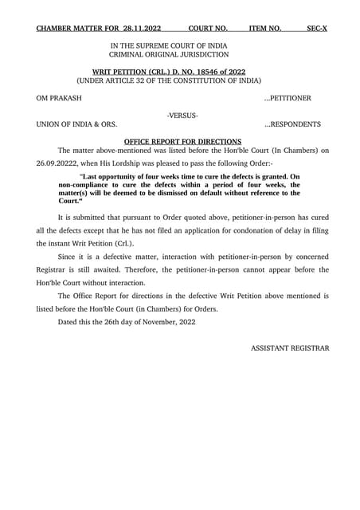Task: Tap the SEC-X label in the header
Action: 317,29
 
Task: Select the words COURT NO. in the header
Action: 208,29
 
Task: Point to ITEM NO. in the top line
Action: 265,29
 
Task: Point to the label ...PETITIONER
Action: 292,99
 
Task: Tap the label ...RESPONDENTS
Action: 292,125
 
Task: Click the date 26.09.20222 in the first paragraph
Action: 58,163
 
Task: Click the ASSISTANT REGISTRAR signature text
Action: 289,348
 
